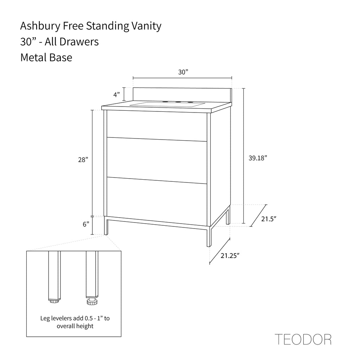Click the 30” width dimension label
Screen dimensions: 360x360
point(183,72)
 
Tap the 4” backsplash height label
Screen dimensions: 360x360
point(116,95)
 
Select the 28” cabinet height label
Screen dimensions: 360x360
point(83,160)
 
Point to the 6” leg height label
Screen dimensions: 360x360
point(86,224)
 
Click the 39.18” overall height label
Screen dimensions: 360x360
point(258,158)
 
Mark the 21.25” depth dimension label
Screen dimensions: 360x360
point(230,256)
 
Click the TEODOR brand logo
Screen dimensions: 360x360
point(303,339)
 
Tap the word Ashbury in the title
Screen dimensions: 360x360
point(40,26)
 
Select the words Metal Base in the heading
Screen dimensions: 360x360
point(46,57)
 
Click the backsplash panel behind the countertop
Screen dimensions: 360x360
point(182,95)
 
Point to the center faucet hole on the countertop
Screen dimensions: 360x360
point(178,102)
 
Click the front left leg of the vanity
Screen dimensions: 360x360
point(106,226)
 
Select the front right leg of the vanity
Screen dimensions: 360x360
point(209,237)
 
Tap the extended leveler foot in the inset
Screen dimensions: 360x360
point(92,301)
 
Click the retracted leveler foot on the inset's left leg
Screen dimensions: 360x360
point(55,300)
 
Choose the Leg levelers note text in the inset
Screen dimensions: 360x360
point(75,322)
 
